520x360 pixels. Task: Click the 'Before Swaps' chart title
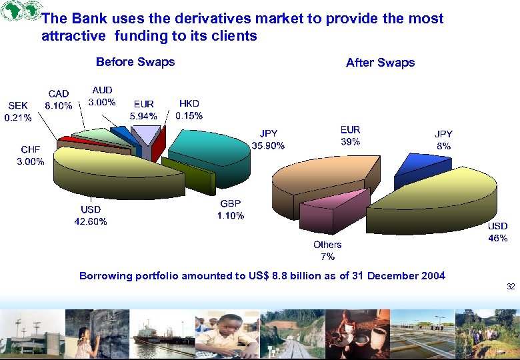[x=135, y=62]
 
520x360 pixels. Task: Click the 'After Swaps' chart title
[x=380, y=63]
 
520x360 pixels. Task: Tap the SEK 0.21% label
[x=18, y=112]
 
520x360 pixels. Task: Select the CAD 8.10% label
[x=58, y=99]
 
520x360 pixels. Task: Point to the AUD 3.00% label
[x=102, y=96]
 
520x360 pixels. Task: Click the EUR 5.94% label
[x=143, y=110]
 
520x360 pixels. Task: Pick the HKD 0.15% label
[x=189, y=109]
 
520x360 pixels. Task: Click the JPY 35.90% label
[x=268, y=139]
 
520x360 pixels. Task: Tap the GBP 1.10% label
[x=230, y=209]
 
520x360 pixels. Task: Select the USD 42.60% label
[x=90, y=215]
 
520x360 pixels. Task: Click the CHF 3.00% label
[x=31, y=155]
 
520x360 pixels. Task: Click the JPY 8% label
[x=443, y=140]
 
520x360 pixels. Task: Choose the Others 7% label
[x=327, y=250]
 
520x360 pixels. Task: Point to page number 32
[x=510, y=287]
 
